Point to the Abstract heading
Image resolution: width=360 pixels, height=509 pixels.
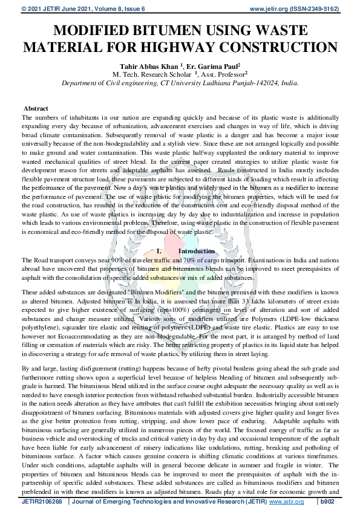35,108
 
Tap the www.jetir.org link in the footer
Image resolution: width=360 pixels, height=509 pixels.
286,502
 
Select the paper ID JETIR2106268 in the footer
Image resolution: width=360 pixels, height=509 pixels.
43,502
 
